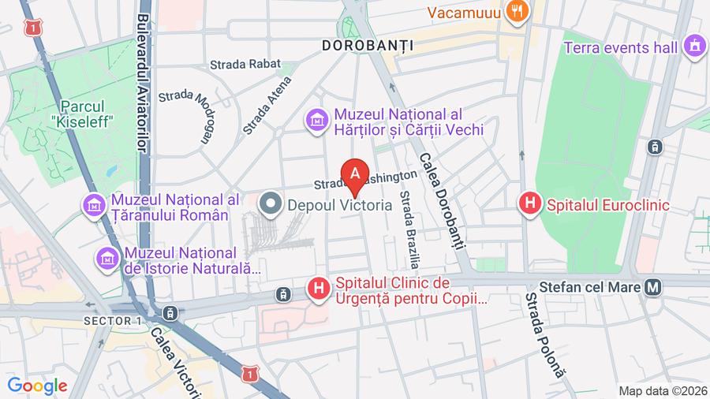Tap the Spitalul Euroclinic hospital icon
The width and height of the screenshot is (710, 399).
530,204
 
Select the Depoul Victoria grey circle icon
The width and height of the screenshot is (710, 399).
271,204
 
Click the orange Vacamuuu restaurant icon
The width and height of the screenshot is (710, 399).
518,11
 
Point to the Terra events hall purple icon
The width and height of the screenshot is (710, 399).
694,47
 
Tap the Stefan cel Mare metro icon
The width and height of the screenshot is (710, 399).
652,288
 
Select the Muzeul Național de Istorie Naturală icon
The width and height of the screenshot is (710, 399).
106,257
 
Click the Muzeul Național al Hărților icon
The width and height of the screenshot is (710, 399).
316,121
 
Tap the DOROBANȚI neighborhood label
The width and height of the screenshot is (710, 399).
368,46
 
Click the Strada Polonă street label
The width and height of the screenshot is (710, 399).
544,334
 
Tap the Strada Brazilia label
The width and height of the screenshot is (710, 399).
409,229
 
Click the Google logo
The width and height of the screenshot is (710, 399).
37,386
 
